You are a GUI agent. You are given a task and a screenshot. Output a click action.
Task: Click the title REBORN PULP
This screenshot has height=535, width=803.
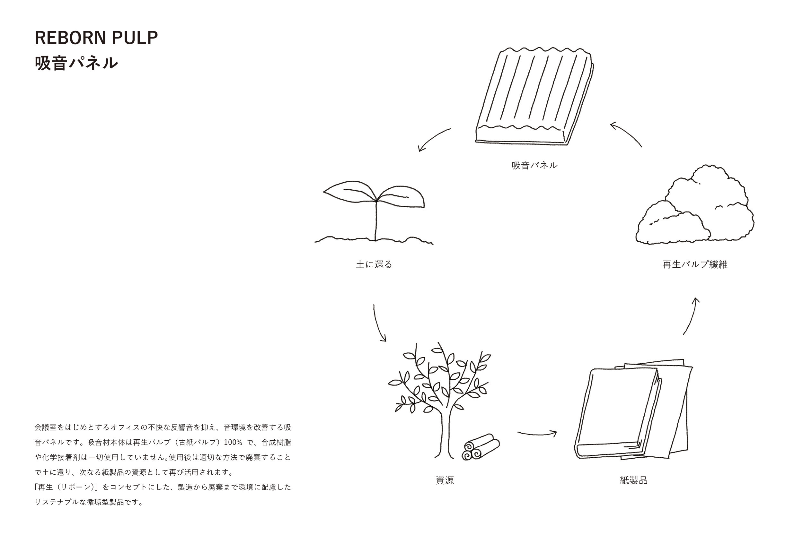point(96,38)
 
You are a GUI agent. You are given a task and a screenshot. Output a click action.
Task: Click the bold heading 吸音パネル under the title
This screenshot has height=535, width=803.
point(76,63)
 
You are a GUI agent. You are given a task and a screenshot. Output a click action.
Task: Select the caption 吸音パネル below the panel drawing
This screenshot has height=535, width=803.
point(534,166)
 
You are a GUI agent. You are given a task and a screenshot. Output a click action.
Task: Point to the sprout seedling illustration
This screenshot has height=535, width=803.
point(375,211)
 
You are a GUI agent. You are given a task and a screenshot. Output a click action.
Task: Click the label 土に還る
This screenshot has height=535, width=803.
point(374,264)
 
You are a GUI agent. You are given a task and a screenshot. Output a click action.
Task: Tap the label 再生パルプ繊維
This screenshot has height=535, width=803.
point(695,264)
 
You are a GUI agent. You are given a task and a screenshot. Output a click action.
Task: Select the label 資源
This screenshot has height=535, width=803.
point(445,480)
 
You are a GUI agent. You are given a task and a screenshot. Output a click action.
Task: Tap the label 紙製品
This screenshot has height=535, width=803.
point(634,480)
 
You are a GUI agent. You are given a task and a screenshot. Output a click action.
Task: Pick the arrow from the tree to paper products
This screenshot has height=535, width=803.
point(537,434)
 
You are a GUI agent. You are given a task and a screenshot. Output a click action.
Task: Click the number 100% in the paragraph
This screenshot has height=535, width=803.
point(233,443)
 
